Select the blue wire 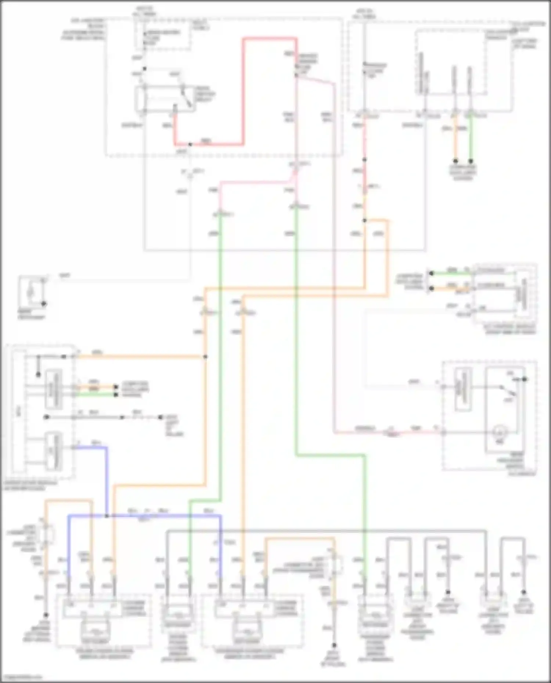(x=107, y=477)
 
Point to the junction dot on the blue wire (x=107, y=516)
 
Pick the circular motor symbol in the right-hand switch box (x=500, y=432)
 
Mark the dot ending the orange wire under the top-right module (x=455, y=161)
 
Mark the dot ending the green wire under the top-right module (x=471, y=161)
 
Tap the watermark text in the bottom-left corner (x=21, y=677)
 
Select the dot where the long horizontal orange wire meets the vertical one (x=205, y=357)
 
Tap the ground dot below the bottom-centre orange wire (x=334, y=646)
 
